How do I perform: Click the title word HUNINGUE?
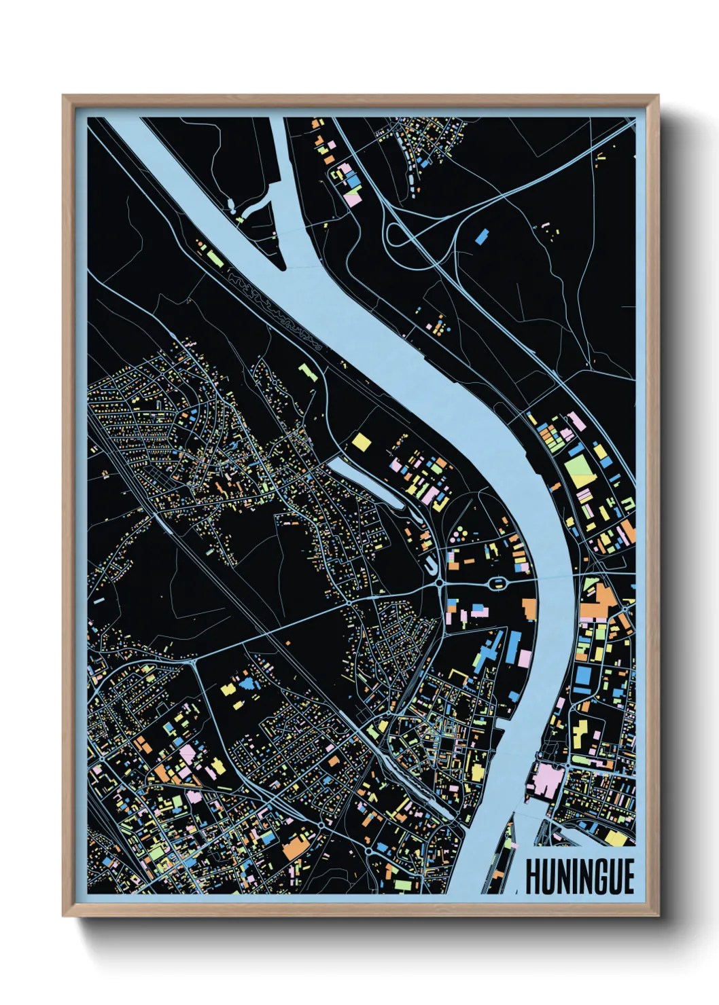(x=580, y=877)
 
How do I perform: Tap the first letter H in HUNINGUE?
(x=533, y=877)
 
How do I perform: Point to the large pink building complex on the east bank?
(x=545, y=781)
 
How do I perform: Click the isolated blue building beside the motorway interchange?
(x=481, y=236)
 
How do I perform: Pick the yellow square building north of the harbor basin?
(x=362, y=441)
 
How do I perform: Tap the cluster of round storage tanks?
(x=461, y=536)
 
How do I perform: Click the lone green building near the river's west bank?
(x=308, y=371)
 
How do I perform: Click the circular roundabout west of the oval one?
(x=440, y=583)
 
